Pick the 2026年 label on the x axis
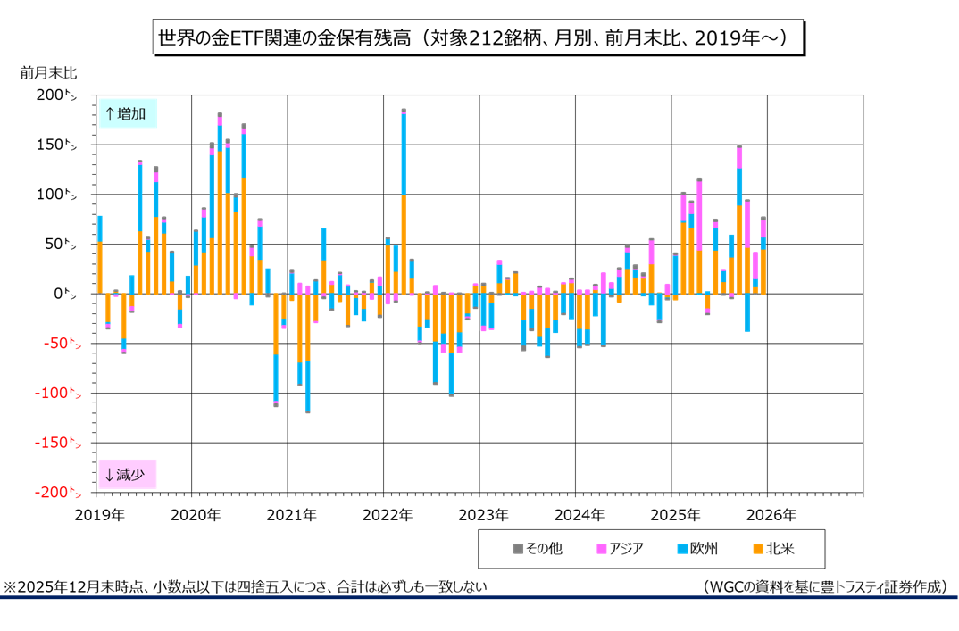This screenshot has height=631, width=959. tap(770, 515)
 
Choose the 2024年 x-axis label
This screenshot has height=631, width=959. tap(578, 515)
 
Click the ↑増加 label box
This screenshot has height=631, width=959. tap(128, 113)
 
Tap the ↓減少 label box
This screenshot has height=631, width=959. tap(128, 474)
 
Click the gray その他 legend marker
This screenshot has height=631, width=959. tap(517, 548)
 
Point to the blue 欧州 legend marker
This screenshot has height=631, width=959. tap(683, 548)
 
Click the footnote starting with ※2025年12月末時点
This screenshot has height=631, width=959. tap(246, 586)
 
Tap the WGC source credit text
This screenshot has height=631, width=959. tap(824, 586)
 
